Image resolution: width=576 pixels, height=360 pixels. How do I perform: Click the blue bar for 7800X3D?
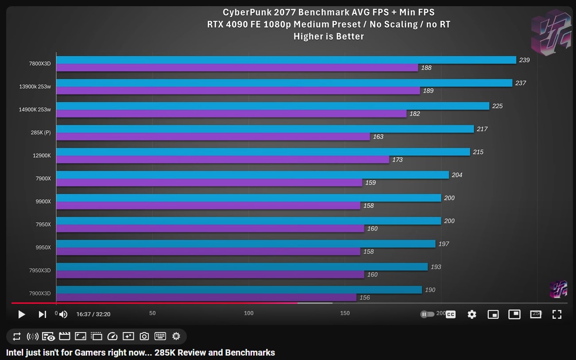pyautogui.click(x=286, y=60)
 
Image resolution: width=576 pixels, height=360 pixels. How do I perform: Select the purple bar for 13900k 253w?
pyautogui.click(x=238, y=91)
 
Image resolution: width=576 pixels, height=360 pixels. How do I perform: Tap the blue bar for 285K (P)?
pyautogui.click(x=265, y=129)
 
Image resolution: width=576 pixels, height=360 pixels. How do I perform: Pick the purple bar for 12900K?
pyautogui.click(x=223, y=159)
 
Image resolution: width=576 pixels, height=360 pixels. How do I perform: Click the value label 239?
pyautogui.click(x=524, y=60)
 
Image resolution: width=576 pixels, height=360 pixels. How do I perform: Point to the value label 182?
pyautogui.click(x=415, y=114)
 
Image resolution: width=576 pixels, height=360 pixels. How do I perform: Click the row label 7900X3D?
pyautogui.click(x=40, y=294)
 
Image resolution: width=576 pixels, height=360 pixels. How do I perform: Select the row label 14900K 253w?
pyautogui.click(x=35, y=109)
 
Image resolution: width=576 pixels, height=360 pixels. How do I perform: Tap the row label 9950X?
pyautogui.click(x=43, y=248)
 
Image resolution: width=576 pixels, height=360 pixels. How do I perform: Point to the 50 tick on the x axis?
pyautogui.click(x=152, y=313)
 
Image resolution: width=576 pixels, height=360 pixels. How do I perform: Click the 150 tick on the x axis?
pyautogui.click(x=345, y=313)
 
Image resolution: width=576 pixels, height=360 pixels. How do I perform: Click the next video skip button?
pyautogui.click(x=43, y=314)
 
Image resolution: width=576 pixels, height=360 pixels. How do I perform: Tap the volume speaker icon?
pyautogui.click(x=63, y=314)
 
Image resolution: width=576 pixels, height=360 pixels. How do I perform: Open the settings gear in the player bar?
pyautogui.click(x=472, y=314)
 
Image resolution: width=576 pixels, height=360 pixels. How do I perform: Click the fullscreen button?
pyautogui.click(x=557, y=314)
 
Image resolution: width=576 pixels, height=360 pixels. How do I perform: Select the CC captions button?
pyautogui.click(x=451, y=314)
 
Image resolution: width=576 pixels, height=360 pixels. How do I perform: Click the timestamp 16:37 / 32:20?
pyautogui.click(x=93, y=314)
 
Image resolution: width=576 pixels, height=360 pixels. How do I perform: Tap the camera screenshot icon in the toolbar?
pyautogui.click(x=144, y=337)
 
